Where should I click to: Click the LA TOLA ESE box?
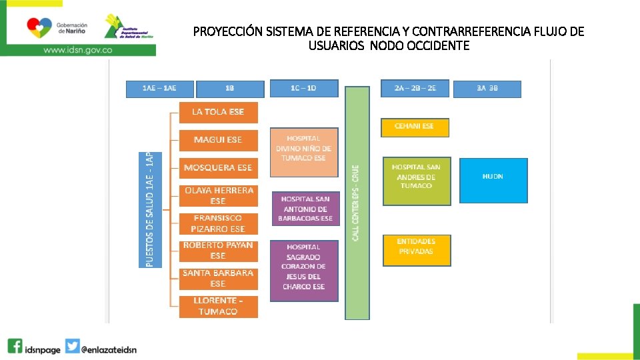click(x=218, y=112)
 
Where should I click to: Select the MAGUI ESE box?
click(x=218, y=140)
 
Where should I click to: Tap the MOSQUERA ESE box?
click(x=218, y=167)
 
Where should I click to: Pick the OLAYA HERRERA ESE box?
click(x=218, y=195)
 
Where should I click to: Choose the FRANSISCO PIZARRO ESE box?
click(x=218, y=223)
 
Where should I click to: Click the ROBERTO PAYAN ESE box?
click(x=218, y=251)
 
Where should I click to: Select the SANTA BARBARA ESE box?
click(x=218, y=278)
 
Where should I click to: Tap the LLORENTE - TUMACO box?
click(x=218, y=307)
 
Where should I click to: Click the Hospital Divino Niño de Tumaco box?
click(x=303, y=151)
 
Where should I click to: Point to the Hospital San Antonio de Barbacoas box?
click(x=305, y=209)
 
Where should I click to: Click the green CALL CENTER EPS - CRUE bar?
click(x=357, y=203)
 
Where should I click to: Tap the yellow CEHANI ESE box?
click(x=415, y=127)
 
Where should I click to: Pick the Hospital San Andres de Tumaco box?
click(x=416, y=180)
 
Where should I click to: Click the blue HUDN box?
click(x=493, y=179)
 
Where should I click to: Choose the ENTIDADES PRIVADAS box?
click(x=416, y=250)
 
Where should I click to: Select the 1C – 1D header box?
click(x=304, y=88)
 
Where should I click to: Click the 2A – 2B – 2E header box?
click(x=415, y=88)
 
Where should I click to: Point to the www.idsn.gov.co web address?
click(x=78, y=49)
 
